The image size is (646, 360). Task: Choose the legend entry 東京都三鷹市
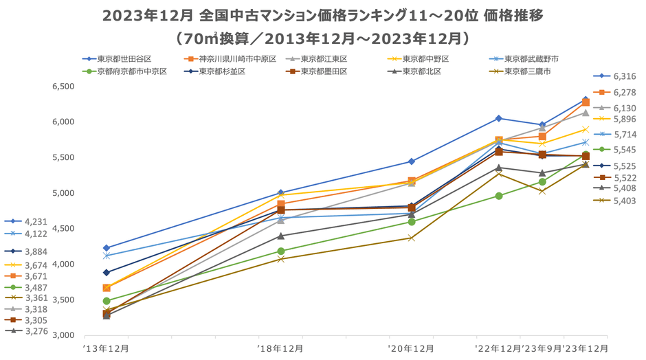point(527,71)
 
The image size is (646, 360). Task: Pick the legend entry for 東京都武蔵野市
point(531,59)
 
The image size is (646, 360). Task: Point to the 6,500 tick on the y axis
point(63,87)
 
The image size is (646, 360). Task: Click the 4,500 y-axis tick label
point(63,229)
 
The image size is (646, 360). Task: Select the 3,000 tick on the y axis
point(63,335)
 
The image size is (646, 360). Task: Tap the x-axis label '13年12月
point(106,348)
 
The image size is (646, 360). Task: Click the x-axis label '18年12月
point(281,348)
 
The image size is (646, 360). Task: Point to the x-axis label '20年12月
point(411,348)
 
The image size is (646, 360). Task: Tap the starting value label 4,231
point(34,221)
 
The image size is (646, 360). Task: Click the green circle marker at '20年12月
point(412,222)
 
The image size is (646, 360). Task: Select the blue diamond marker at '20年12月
point(412,161)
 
